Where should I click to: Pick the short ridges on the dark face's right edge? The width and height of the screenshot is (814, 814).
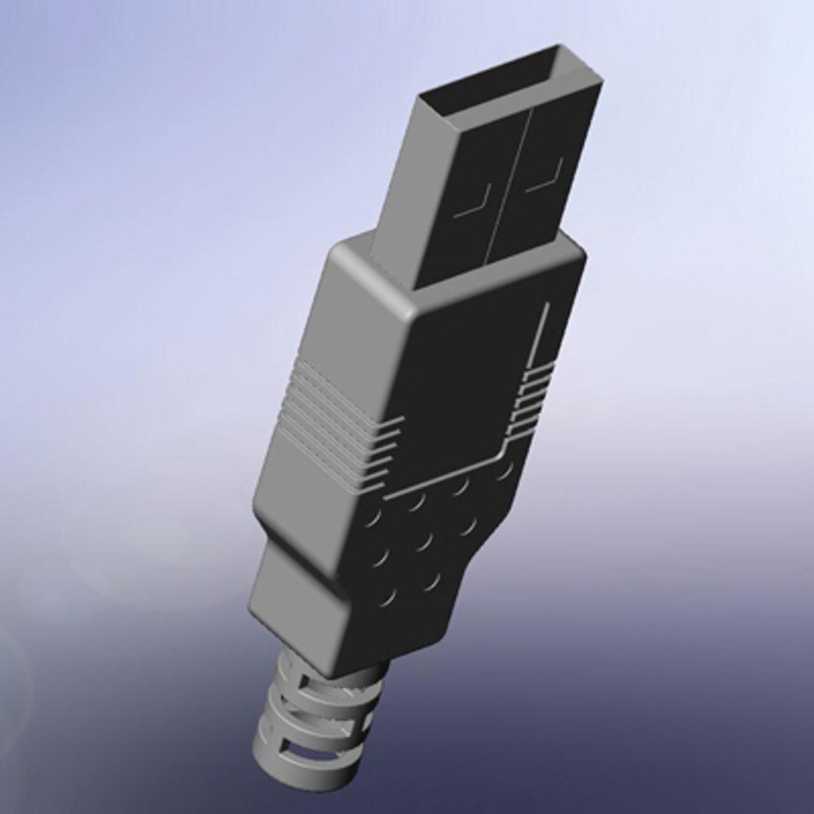click(531, 399)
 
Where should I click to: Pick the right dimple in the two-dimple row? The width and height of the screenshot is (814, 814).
click(432, 581)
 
